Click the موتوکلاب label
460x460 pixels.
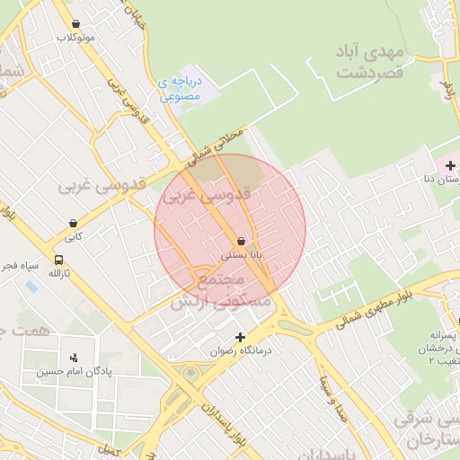(x=75, y=39)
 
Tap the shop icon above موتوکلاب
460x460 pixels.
(x=75, y=25)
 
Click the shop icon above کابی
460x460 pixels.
(x=72, y=223)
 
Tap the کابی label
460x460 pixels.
(x=72, y=237)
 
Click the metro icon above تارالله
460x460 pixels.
(x=56, y=258)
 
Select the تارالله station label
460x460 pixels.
(x=57, y=273)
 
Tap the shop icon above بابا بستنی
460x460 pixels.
(x=240, y=241)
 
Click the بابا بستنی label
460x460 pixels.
(x=242, y=255)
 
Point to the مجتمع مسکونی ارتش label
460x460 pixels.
(x=233, y=293)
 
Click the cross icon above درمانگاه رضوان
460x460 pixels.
(x=239, y=336)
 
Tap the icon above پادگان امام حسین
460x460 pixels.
(x=73, y=357)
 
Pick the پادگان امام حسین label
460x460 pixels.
(x=73, y=371)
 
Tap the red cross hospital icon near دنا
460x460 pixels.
(x=450, y=166)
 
